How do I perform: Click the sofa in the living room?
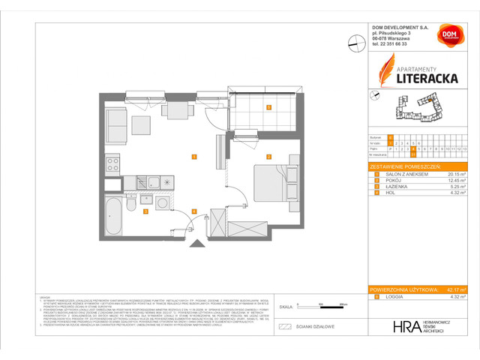[x=116, y=121]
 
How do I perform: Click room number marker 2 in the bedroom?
[x=268, y=157]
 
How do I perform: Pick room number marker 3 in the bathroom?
[x=145, y=211]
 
